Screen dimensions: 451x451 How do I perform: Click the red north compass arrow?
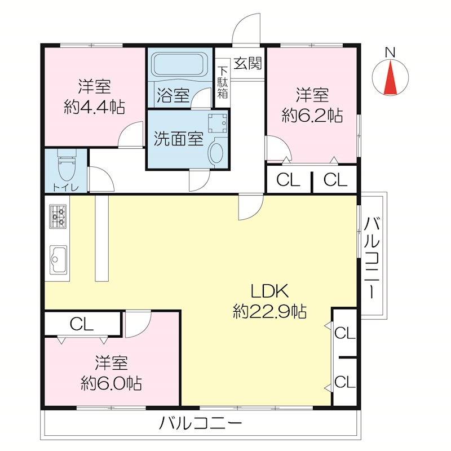390,79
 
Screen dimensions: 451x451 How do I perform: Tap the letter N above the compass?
390,52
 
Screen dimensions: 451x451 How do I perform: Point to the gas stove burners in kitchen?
58,216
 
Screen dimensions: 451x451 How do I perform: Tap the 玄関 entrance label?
247,63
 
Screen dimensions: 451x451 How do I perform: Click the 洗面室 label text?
178,139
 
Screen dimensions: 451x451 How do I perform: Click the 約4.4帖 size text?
94,107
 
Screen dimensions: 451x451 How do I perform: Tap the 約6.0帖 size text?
111,383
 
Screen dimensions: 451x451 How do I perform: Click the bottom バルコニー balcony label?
201,423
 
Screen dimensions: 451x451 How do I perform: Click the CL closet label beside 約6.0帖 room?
82,324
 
